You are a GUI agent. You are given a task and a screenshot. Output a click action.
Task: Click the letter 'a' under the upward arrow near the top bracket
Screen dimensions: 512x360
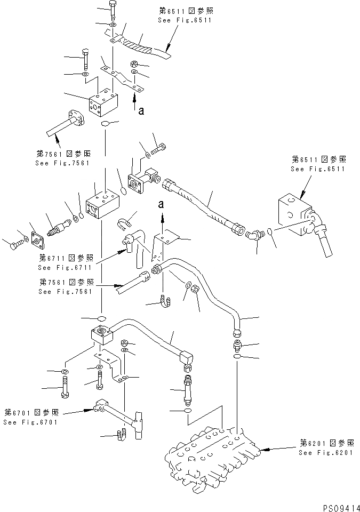141,111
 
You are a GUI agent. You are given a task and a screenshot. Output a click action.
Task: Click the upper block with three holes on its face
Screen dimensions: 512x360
103,106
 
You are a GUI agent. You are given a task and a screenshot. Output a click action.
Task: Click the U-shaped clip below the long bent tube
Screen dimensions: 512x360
165,303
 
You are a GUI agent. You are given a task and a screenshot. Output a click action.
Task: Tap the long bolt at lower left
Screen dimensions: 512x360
65,387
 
